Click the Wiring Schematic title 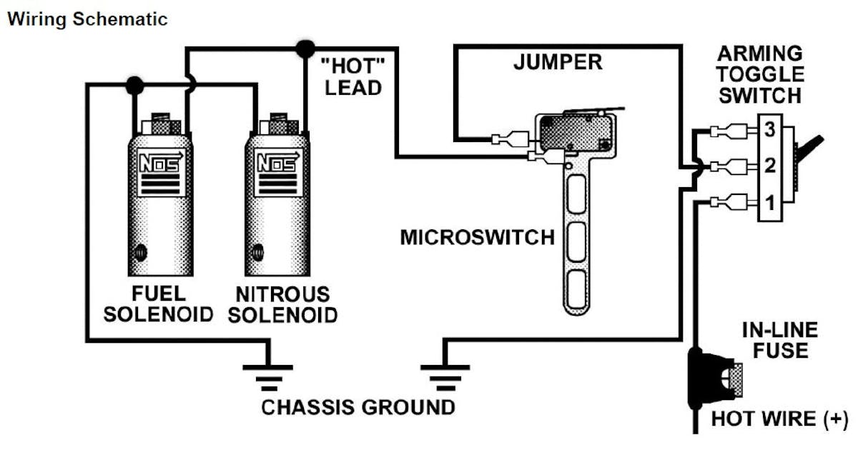(x=87, y=19)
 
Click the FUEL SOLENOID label (x=158, y=304)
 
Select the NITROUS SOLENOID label (x=283, y=304)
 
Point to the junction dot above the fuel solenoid (x=133, y=85)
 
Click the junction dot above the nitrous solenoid (x=305, y=49)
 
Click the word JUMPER (x=558, y=62)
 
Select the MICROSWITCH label (x=477, y=237)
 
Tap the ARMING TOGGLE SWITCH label (x=760, y=74)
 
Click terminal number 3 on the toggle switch (x=769, y=130)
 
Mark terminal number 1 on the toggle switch (x=769, y=204)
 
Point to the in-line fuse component (x=708, y=377)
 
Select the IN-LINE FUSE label (x=779, y=341)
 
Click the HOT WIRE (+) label (x=779, y=419)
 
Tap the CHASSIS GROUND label (x=357, y=408)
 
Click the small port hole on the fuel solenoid (x=141, y=252)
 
